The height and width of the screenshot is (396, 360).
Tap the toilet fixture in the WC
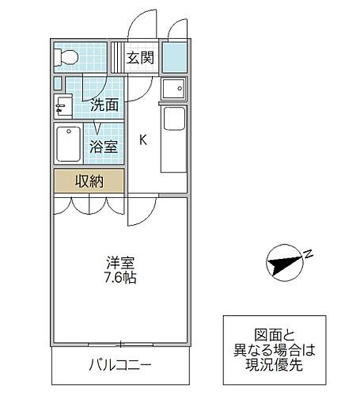(x=66, y=57)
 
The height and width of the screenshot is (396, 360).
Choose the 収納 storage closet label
(x=89, y=181)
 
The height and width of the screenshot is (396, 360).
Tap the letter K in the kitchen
(x=143, y=140)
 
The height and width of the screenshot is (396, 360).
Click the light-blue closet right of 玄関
(x=174, y=56)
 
